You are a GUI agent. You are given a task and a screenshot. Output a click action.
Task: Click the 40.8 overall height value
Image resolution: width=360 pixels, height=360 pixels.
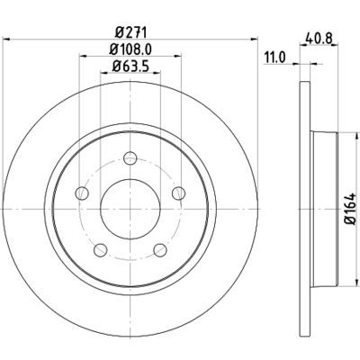coord(319,38)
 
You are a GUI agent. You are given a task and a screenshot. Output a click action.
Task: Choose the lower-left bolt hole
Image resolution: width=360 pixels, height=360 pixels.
coord(101,248)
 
